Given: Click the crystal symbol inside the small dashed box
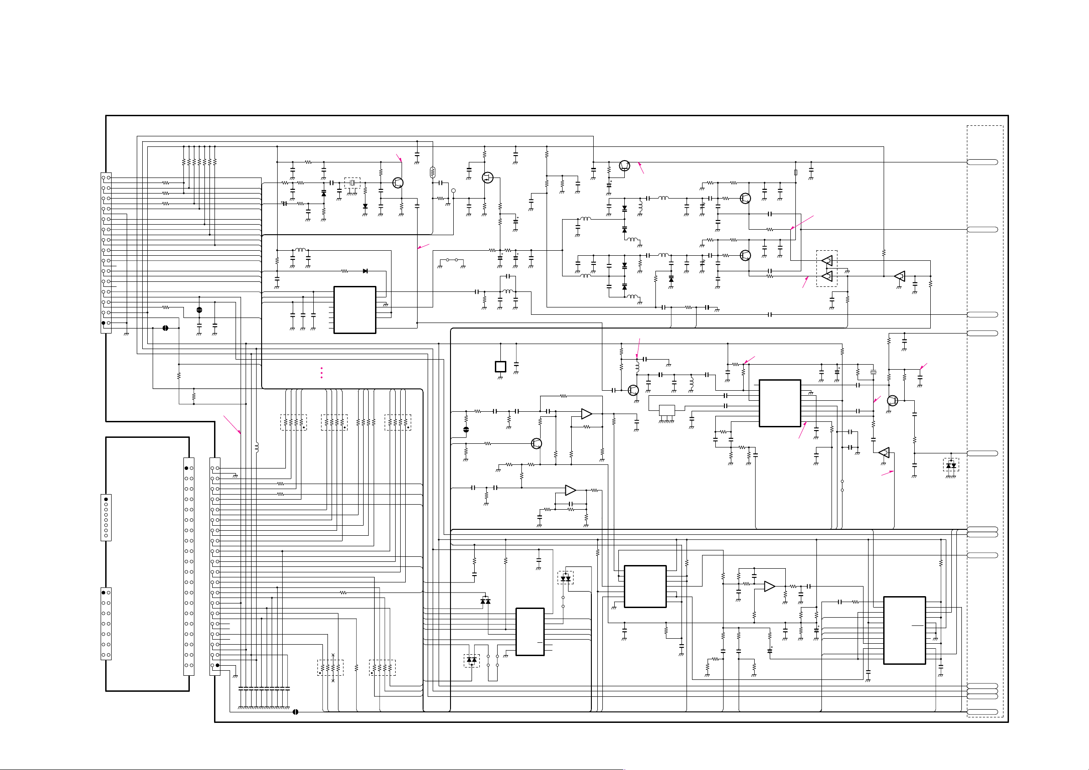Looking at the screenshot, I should click(x=352, y=183).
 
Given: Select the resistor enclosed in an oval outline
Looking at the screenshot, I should click(x=432, y=172).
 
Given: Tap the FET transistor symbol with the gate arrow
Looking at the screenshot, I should click(x=487, y=178).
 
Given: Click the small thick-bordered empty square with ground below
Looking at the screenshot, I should click(x=500, y=366).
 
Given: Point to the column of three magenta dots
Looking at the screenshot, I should click(x=322, y=372).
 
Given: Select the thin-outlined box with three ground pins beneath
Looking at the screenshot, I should click(x=667, y=410).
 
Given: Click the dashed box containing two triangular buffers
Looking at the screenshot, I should click(x=826, y=269).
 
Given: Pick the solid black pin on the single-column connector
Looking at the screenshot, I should click(x=106, y=499).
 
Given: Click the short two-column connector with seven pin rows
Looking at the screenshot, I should click(x=106, y=624).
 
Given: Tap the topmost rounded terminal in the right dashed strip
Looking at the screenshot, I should click(x=982, y=162).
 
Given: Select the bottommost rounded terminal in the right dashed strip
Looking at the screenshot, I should click(x=982, y=711).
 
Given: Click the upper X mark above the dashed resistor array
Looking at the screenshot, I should click(x=333, y=655).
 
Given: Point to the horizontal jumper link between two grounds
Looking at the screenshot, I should click(x=451, y=260).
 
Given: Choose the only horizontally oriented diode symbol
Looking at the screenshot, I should click(x=365, y=271).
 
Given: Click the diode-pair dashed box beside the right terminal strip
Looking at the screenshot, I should click(x=950, y=465).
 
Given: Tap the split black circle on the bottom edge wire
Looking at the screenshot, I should click(x=295, y=711).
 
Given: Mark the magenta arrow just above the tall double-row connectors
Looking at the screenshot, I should click(x=232, y=425).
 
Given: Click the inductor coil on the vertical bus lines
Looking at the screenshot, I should click(x=257, y=447).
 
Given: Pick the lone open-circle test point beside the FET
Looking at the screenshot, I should click(x=453, y=191).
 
